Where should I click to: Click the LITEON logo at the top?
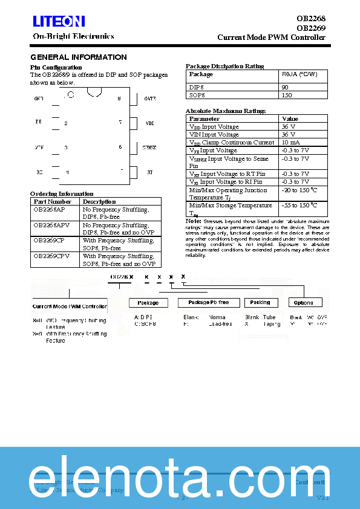[x=58, y=22]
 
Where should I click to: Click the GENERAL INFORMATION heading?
[x=78, y=57]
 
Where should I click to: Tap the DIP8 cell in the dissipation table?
[x=197, y=88]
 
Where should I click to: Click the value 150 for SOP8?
[x=287, y=96]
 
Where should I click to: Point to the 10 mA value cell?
[x=290, y=143]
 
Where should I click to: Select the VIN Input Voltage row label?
[x=214, y=135]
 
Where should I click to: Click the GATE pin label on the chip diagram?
[x=149, y=99]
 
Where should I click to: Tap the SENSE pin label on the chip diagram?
[x=149, y=148]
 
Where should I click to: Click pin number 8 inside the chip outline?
[x=119, y=99]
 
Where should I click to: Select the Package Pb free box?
[x=209, y=302]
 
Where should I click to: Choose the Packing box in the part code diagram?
[x=260, y=302]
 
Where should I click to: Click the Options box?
[x=303, y=303]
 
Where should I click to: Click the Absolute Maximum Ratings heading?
[x=225, y=111]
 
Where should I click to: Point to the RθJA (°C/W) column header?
[x=304, y=74]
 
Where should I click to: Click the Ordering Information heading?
[x=62, y=193]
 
